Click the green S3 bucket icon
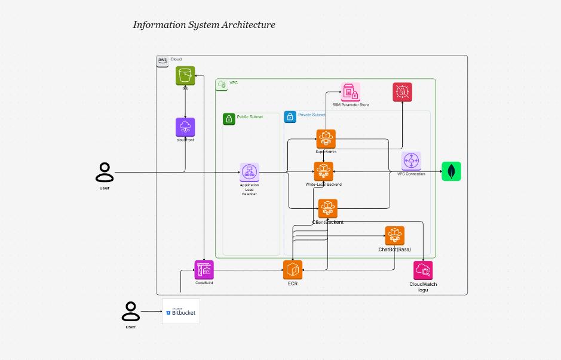(185, 76)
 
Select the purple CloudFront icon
(185, 127)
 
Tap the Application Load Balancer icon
(249, 173)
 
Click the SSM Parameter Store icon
(350, 93)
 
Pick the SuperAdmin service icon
(326, 139)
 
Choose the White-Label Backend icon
(324, 171)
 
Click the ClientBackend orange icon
(327, 208)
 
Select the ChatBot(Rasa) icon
(394, 236)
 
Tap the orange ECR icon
(293, 270)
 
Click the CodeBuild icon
(204, 270)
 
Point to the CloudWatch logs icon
(423, 270)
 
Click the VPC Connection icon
(411, 161)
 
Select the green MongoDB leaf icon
(451, 171)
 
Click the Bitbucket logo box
(180, 312)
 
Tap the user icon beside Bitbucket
(130, 311)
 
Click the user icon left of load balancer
(105, 172)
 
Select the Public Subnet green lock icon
(228, 119)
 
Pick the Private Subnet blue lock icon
(290, 117)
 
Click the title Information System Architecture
(204, 25)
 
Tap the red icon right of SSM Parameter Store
(402, 92)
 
